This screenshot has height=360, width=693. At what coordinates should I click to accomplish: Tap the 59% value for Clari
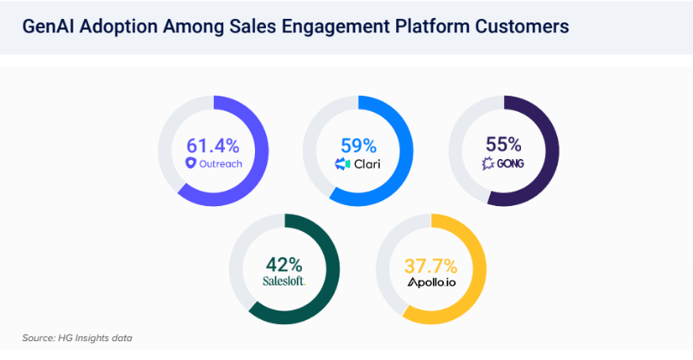click(x=358, y=144)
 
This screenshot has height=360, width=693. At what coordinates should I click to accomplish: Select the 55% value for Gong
click(x=504, y=144)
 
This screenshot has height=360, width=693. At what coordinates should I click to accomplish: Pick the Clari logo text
click(x=366, y=162)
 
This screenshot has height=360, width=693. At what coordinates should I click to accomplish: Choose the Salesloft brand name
click(x=285, y=280)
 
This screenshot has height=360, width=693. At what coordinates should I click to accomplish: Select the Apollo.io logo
click(x=431, y=281)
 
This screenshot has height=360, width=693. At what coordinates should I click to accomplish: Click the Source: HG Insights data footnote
click(x=77, y=338)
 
